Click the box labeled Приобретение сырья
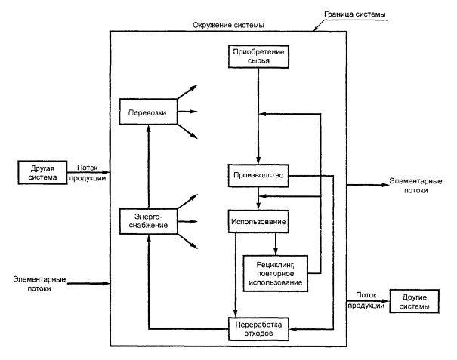click(258, 55)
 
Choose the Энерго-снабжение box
click(148, 222)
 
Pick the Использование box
click(258, 222)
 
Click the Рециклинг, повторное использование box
click(273, 271)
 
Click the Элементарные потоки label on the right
click(409, 186)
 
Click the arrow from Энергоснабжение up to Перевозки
click(148, 166)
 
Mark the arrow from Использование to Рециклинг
click(275, 242)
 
